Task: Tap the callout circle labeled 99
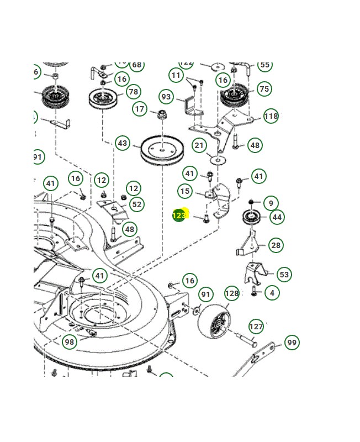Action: [292, 343]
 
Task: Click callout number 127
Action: [256, 327]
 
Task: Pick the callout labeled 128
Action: [232, 293]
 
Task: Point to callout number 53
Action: [284, 274]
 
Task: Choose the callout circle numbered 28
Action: [276, 245]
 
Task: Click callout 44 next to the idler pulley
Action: [277, 217]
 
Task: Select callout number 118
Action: [271, 116]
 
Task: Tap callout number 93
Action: [166, 97]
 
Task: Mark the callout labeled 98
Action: [69, 342]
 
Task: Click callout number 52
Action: [136, 204]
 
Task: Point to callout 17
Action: [140, 109]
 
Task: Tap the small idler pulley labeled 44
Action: [252, 217]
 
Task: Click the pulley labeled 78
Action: [105, 100]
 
